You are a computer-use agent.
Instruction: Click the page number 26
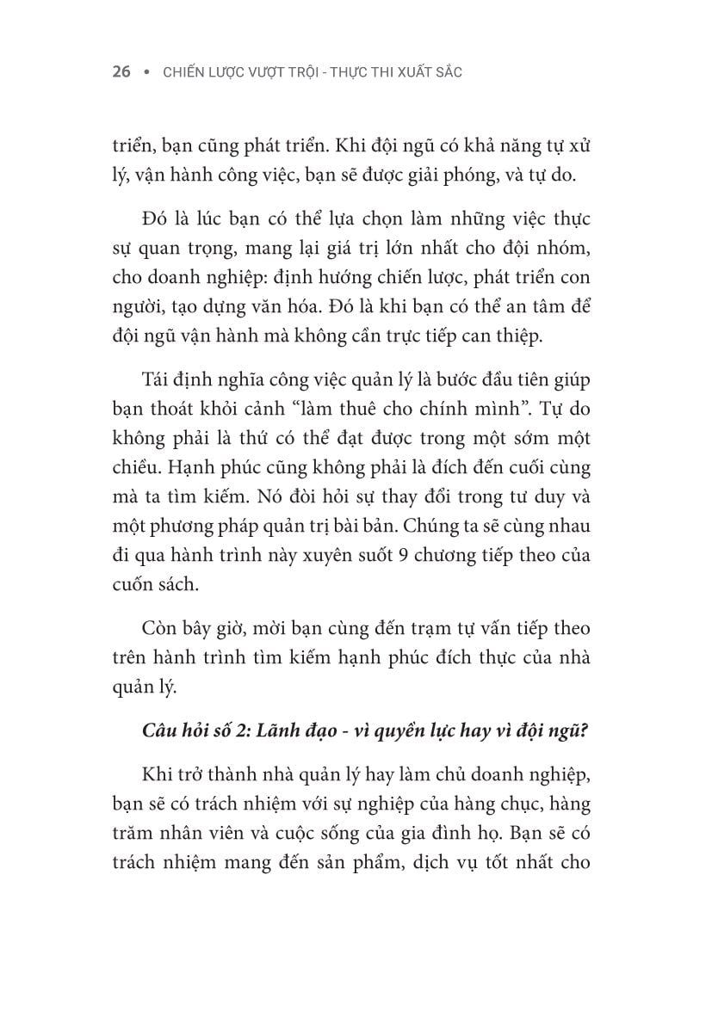tap(121, 72)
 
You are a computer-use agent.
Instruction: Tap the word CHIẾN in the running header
tap(183, 72)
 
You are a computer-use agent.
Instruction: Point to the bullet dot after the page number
tap(145, 72)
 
